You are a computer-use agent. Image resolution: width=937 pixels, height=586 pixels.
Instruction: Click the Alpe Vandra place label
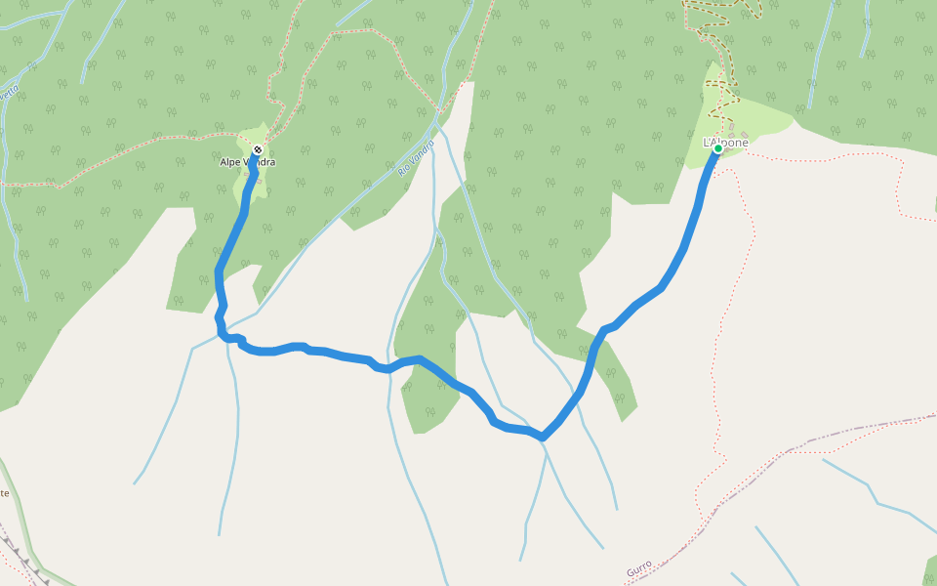pyautogui.click(x=247, y=162)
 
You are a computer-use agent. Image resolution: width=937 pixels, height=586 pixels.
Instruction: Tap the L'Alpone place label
pyautogui.click(x=726, y=143)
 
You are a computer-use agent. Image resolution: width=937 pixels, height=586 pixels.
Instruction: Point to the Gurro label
pyautogui.click(x=639, y=569)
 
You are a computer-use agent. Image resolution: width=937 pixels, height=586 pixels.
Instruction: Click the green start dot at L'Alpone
pyautogui.click(x=717, y=149)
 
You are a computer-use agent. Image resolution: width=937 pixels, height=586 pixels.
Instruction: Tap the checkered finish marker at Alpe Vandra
pyautogui.click(x=257, y=149)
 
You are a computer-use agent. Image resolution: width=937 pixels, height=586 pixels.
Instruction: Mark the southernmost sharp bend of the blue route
pyautogui.click(x=543, y=437)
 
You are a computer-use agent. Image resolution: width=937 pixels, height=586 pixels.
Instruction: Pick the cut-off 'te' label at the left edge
pyautogui.click(x=4, y=493)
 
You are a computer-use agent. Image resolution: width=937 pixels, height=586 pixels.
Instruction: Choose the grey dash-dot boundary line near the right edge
pyautogui.click(x=859, y=430)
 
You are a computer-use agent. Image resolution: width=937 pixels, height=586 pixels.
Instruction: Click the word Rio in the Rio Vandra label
pyautogui.click(x=404, y=168)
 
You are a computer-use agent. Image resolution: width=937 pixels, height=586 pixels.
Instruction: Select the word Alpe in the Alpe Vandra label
pyautogui.click(x=230, y=162)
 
